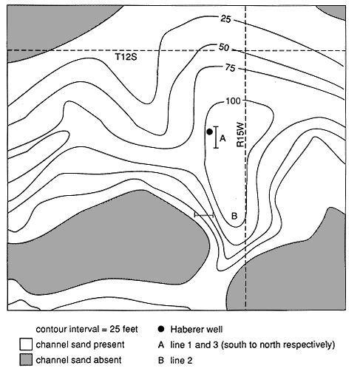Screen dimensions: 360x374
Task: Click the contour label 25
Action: coord(225,18)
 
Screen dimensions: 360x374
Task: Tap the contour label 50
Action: coord(224,47)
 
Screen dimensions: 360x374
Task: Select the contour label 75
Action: coord(230,68)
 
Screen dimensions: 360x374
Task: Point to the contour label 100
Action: coord(233,101)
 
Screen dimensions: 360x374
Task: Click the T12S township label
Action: coord(126,57)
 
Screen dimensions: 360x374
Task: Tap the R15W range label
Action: coord(240,135)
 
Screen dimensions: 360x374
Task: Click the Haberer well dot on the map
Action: coord(209,132)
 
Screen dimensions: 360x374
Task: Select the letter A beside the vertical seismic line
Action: coord(223,138)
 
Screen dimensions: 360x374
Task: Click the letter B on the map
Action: coord(234,216)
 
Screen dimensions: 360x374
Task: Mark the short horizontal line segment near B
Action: coord(204,215)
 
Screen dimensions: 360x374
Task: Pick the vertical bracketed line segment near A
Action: coord(216,137)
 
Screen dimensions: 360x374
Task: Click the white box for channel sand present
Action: coord(26,344)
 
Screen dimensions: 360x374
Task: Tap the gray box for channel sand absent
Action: coord(26,360)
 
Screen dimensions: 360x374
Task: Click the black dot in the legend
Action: coord(161,329)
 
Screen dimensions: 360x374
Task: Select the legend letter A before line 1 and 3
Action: coord(161,344)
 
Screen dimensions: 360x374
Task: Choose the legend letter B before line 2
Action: coord(161,361)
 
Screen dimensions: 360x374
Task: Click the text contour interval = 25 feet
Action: coord(86,329)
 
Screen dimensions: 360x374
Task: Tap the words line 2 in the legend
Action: coord(181,361)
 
